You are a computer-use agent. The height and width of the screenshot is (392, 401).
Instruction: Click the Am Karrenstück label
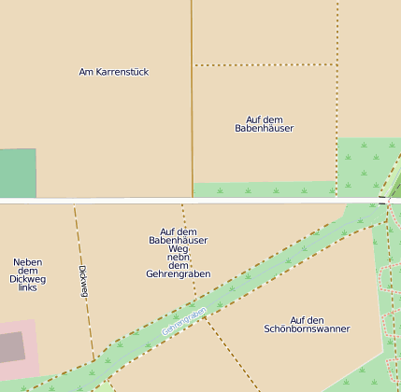pos(114,72)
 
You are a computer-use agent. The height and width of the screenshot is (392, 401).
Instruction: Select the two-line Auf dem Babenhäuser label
pos(264,124)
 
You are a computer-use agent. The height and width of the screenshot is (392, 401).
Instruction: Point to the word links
pos(28,288)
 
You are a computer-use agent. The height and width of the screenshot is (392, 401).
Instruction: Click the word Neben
pos(28,262)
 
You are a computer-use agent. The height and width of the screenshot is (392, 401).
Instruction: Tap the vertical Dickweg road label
pos(83,281)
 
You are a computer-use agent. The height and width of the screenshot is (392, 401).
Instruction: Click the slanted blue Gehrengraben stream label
pos(183,319)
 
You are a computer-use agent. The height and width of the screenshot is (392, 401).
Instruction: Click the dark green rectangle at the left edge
pos(17,174)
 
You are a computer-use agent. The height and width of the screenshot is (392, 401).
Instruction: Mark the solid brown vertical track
pos(192,93)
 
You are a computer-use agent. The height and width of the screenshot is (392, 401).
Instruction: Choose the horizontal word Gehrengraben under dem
pos(179,274)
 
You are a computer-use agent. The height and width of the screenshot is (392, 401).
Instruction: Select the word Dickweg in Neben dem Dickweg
pos(28,279)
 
